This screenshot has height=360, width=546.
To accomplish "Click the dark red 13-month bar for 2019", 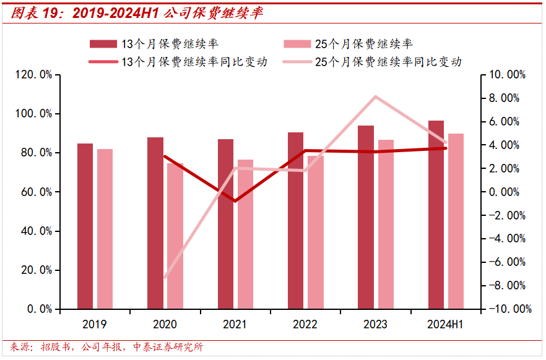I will click(85, 226).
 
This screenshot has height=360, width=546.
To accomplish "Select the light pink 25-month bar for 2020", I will click(175, 236).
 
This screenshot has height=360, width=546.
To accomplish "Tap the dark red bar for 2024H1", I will click(436, 215).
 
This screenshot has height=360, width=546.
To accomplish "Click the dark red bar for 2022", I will click(296, 220).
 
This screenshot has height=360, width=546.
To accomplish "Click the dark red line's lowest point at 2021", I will click(235, 200).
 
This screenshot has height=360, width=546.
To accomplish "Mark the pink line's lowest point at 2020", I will click(165, 277).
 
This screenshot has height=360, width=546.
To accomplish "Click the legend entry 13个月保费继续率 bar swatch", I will click(103, 44).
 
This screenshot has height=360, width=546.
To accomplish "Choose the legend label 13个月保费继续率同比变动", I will click(194, 62).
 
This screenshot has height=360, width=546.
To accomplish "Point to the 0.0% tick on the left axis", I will click(39, 309).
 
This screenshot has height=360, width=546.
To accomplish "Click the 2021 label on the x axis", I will click(235, 325).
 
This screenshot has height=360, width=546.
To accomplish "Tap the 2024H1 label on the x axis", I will click(446, 325).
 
